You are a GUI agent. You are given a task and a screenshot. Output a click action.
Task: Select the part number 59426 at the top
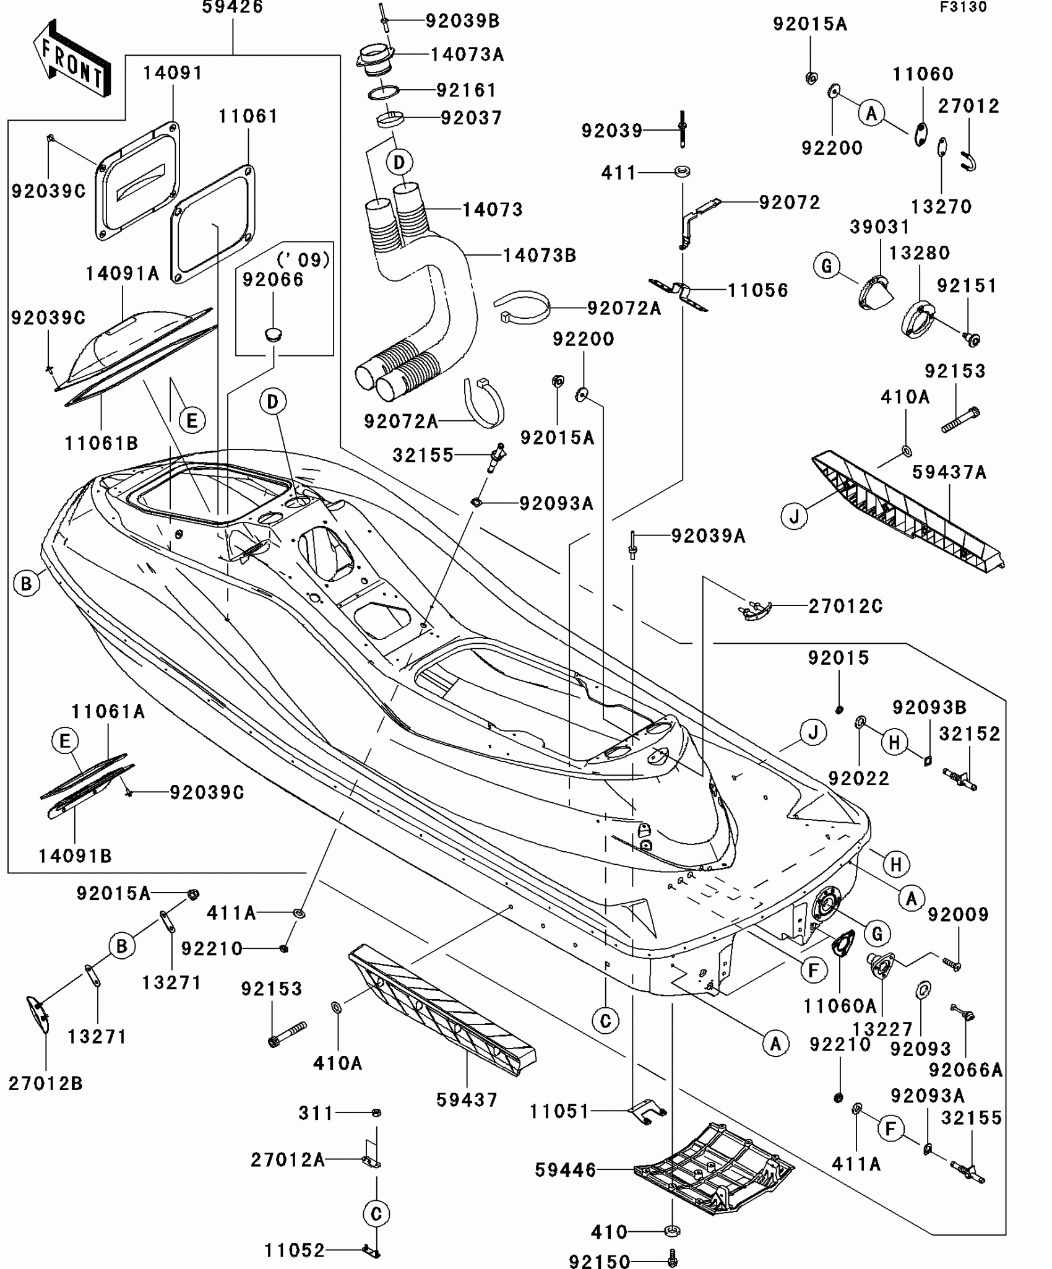coord(233,7)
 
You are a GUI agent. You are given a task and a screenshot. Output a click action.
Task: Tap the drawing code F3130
coord(964,7)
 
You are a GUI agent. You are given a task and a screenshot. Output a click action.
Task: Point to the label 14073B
coord(539,255)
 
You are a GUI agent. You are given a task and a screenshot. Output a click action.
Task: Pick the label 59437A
coord(949,472)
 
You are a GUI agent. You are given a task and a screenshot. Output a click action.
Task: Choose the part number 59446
coord(566,1170)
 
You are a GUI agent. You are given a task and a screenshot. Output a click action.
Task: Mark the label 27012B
coord(45,1083)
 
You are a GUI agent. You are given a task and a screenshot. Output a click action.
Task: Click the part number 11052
coord(295,1250)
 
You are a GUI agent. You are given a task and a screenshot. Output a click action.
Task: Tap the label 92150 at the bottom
coord(599,1261)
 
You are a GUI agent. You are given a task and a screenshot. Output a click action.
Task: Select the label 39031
coord(879,227)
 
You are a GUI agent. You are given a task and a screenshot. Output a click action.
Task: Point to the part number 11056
coord(758,290)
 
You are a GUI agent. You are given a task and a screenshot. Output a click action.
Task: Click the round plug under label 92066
coord(273,335)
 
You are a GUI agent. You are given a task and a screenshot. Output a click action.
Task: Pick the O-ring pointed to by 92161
coord(383,93)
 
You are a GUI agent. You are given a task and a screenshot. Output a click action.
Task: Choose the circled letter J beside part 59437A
coord(795,515)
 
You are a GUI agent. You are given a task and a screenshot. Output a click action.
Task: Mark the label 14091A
coord(122,273)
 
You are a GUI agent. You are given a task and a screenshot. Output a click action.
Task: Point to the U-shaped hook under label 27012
coord(969,162)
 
